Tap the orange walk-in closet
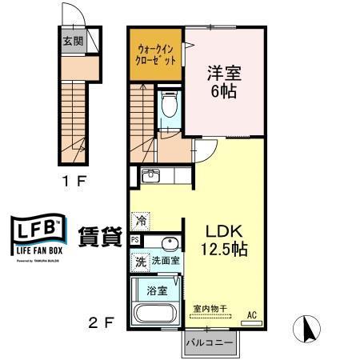pos(155,54)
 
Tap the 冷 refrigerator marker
pos(141,217)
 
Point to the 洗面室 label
pos(166,260)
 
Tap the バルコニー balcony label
pos(210,343)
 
